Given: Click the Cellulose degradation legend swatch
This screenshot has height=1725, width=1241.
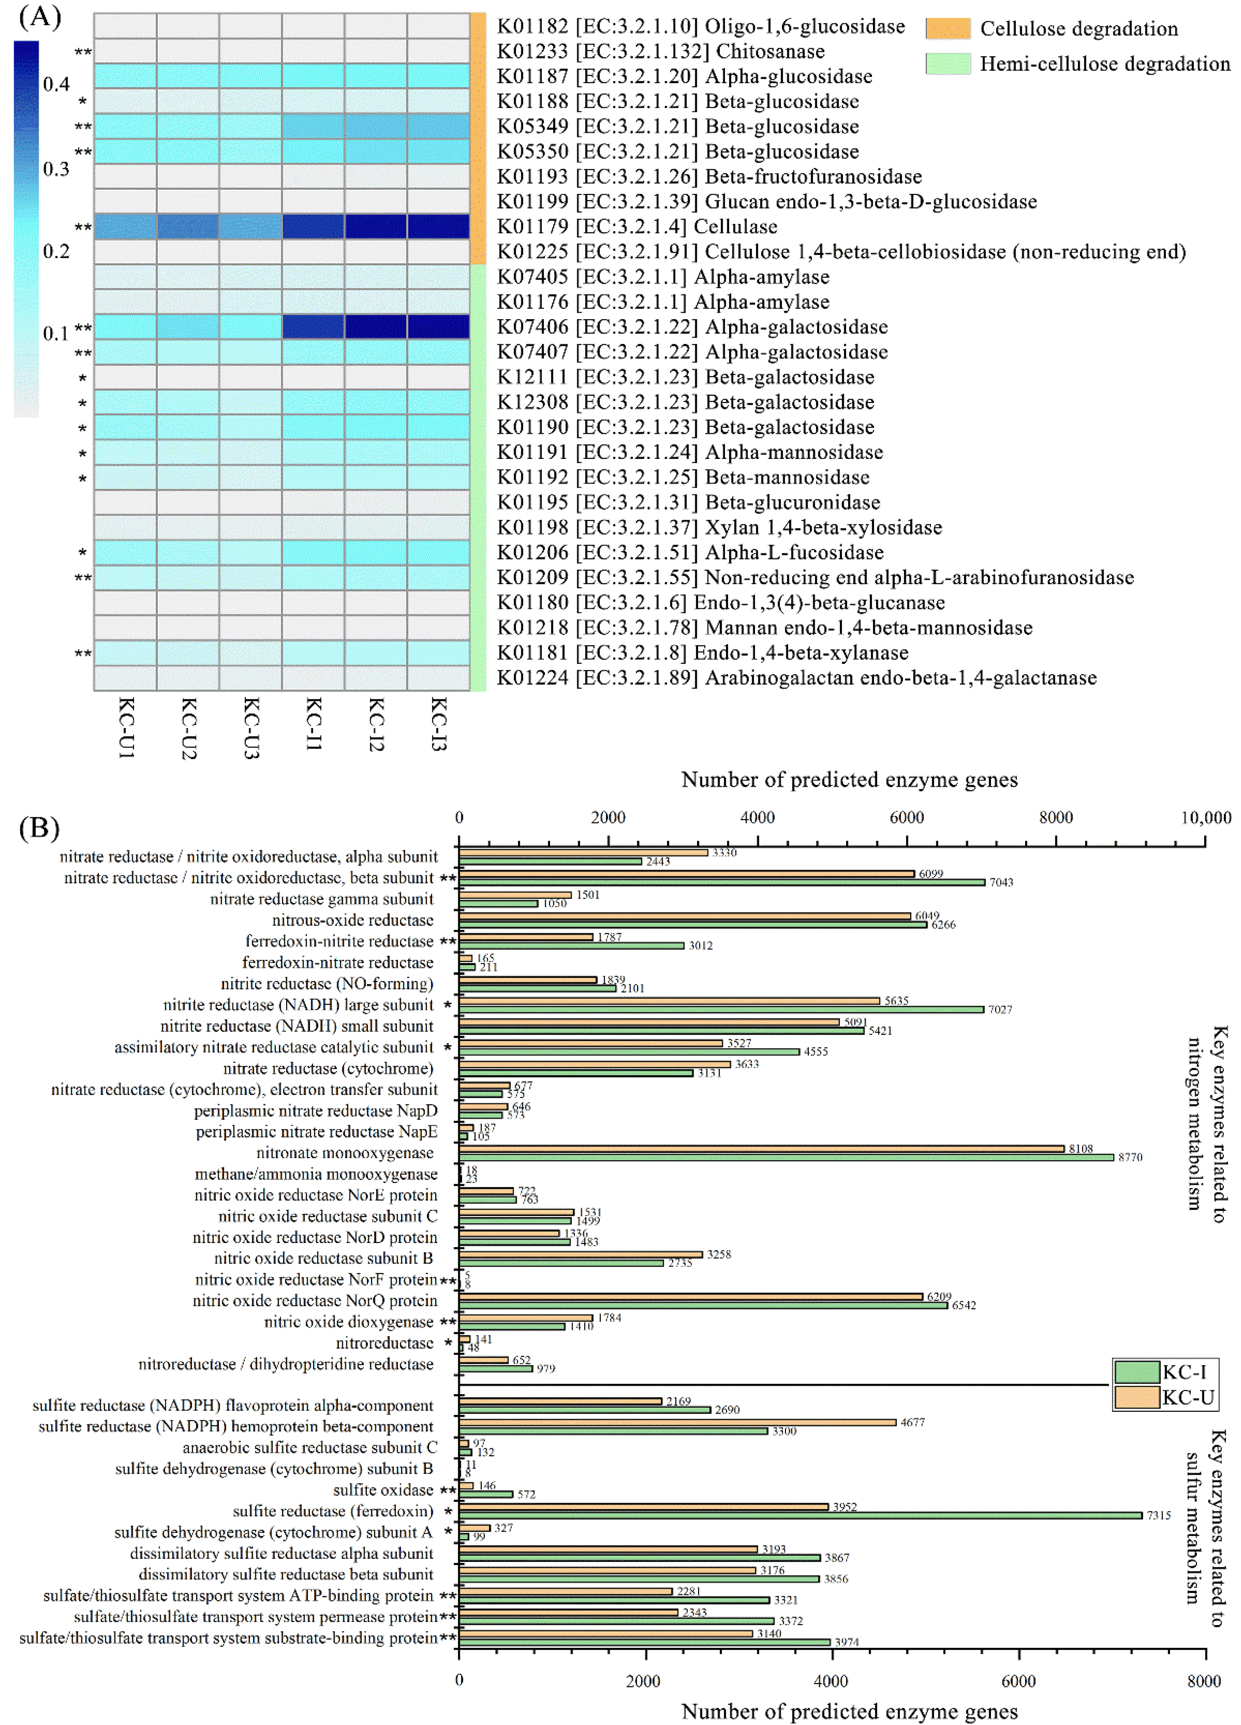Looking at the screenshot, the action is pos(947,29).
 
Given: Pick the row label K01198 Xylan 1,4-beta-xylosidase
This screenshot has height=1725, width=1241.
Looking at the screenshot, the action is pos(719,527).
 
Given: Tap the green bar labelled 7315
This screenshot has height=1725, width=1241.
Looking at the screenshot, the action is pos(801,1515).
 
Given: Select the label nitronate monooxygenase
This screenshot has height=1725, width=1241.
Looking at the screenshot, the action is pos(345,1153).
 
